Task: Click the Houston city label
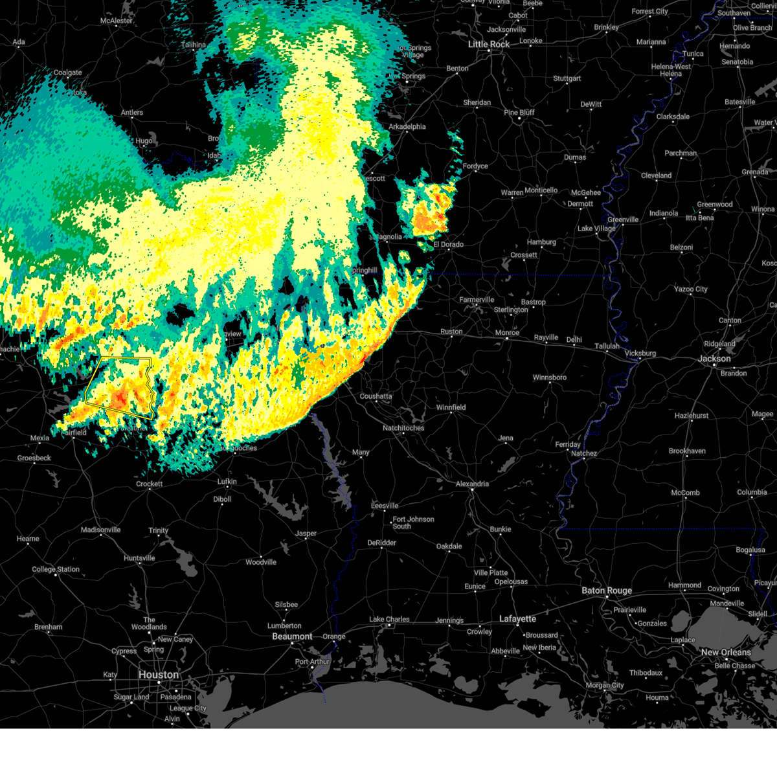click(x=158, y=675)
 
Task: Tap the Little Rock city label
click(x=489, y=44)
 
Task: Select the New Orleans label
click(x=726, y=652)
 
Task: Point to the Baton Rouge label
click(x=607, y=591)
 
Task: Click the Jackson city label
click(x=714, y=359)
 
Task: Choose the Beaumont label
click(x=292, y=636)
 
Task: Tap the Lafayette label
click(x=518, y=619)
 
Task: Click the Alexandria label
click(x=472, y=484)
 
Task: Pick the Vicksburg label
click(x=640, y=354)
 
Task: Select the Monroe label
click(x=507, y=333)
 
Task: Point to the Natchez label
click(x=583, y=453)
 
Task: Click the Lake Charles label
click(x=389, y=620)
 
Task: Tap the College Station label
click(x=56, y=570)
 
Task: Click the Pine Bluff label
click(x=519, y=113)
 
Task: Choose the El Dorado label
click(x=448, y=245)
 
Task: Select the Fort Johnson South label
click(x=413, y=523)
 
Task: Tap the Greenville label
click(x=623, y=220)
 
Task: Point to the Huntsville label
click(x=139, y=558)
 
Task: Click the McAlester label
click(x=117, y=21)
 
